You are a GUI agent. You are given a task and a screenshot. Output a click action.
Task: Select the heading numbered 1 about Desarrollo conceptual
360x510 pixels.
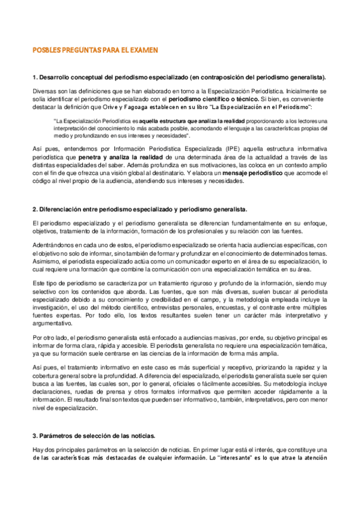click(180, 77)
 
